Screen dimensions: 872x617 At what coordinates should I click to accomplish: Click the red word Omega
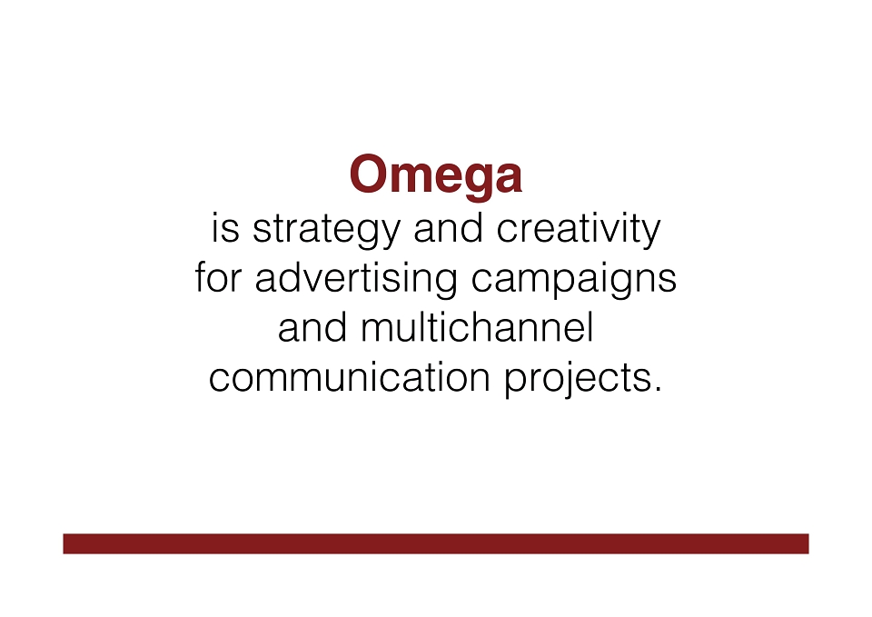point(435,176)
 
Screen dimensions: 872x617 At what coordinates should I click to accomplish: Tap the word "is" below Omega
point(225,228)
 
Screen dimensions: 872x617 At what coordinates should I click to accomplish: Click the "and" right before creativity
point(448,228)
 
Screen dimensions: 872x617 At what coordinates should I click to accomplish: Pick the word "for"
point(218,277)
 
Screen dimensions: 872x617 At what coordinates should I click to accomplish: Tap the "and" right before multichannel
point(312,327)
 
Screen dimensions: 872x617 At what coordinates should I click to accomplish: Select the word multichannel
point(477,327)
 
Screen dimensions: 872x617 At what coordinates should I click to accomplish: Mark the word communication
point(349,377)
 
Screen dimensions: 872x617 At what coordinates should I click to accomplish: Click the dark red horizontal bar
point(436,543)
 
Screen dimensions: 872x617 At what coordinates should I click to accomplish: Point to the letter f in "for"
point(201,277)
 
